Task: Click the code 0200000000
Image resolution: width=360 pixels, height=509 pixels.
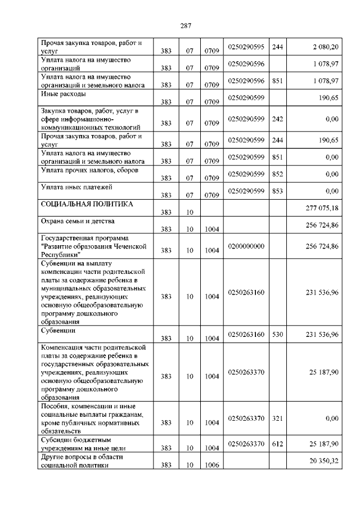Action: pos(246,246)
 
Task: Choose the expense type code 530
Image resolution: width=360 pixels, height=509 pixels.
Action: pos(277,335)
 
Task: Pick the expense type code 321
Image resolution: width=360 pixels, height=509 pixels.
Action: pos(277,418)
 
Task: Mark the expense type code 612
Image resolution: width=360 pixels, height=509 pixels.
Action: pos(277,444)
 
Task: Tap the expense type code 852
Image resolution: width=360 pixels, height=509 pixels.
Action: pos(277,174)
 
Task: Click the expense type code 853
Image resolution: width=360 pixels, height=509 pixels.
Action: pos(277,191)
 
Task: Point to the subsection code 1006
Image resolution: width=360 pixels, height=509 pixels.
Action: pos(211,466)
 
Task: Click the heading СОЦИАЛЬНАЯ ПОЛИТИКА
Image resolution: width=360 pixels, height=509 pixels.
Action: pos(87,204)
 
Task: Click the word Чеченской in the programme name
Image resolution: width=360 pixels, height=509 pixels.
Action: pos(128,246)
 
